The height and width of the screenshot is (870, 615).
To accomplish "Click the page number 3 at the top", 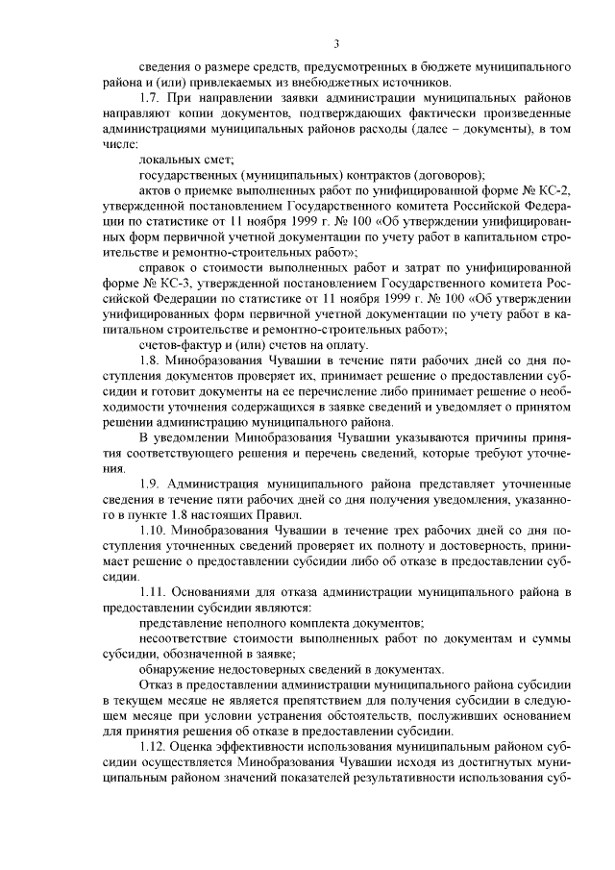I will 336,42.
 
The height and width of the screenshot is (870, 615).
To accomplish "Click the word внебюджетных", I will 288,82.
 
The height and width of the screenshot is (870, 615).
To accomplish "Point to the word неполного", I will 254,622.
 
